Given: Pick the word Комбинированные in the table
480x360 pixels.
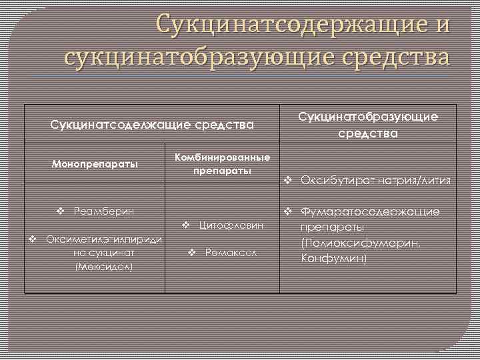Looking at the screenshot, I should [222, 158].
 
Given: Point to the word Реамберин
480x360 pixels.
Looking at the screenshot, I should [104, 211].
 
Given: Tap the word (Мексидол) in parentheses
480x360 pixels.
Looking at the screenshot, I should [104, 266].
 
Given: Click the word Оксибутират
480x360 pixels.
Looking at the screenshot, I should [337, 180].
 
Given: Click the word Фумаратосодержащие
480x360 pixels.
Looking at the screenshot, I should [371, 212].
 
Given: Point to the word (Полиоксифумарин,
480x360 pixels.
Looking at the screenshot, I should [361, 243].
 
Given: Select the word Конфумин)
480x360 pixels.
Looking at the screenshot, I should [334, 257].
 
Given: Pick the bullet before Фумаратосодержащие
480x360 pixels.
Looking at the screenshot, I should [288, 212].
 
